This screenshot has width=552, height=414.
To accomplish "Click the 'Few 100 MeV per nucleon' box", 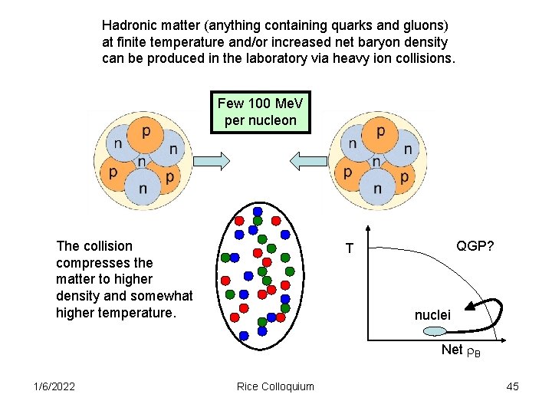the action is [261, 113].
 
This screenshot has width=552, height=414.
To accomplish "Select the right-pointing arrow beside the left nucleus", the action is [211, 159].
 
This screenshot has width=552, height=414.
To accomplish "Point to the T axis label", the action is [350, 248].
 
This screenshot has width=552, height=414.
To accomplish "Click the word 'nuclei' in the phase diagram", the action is [433, 314].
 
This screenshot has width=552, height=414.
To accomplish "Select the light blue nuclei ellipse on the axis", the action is [434, 330].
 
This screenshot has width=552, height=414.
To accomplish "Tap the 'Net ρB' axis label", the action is [460, 350].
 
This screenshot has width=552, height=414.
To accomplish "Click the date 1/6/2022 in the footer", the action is [54, 386].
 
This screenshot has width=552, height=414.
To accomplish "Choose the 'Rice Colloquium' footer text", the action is [275, 386].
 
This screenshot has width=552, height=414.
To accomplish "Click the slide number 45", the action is [512, 386].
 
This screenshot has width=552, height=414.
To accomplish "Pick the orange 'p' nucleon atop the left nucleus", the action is [146, 133].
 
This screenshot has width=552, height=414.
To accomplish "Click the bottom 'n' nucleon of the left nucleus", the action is [143, 189].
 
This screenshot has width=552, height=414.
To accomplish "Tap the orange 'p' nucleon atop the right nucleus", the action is [380, 133].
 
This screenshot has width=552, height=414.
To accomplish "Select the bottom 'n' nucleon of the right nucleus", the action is [377, 189].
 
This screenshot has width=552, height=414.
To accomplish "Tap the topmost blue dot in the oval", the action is [258, 211].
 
